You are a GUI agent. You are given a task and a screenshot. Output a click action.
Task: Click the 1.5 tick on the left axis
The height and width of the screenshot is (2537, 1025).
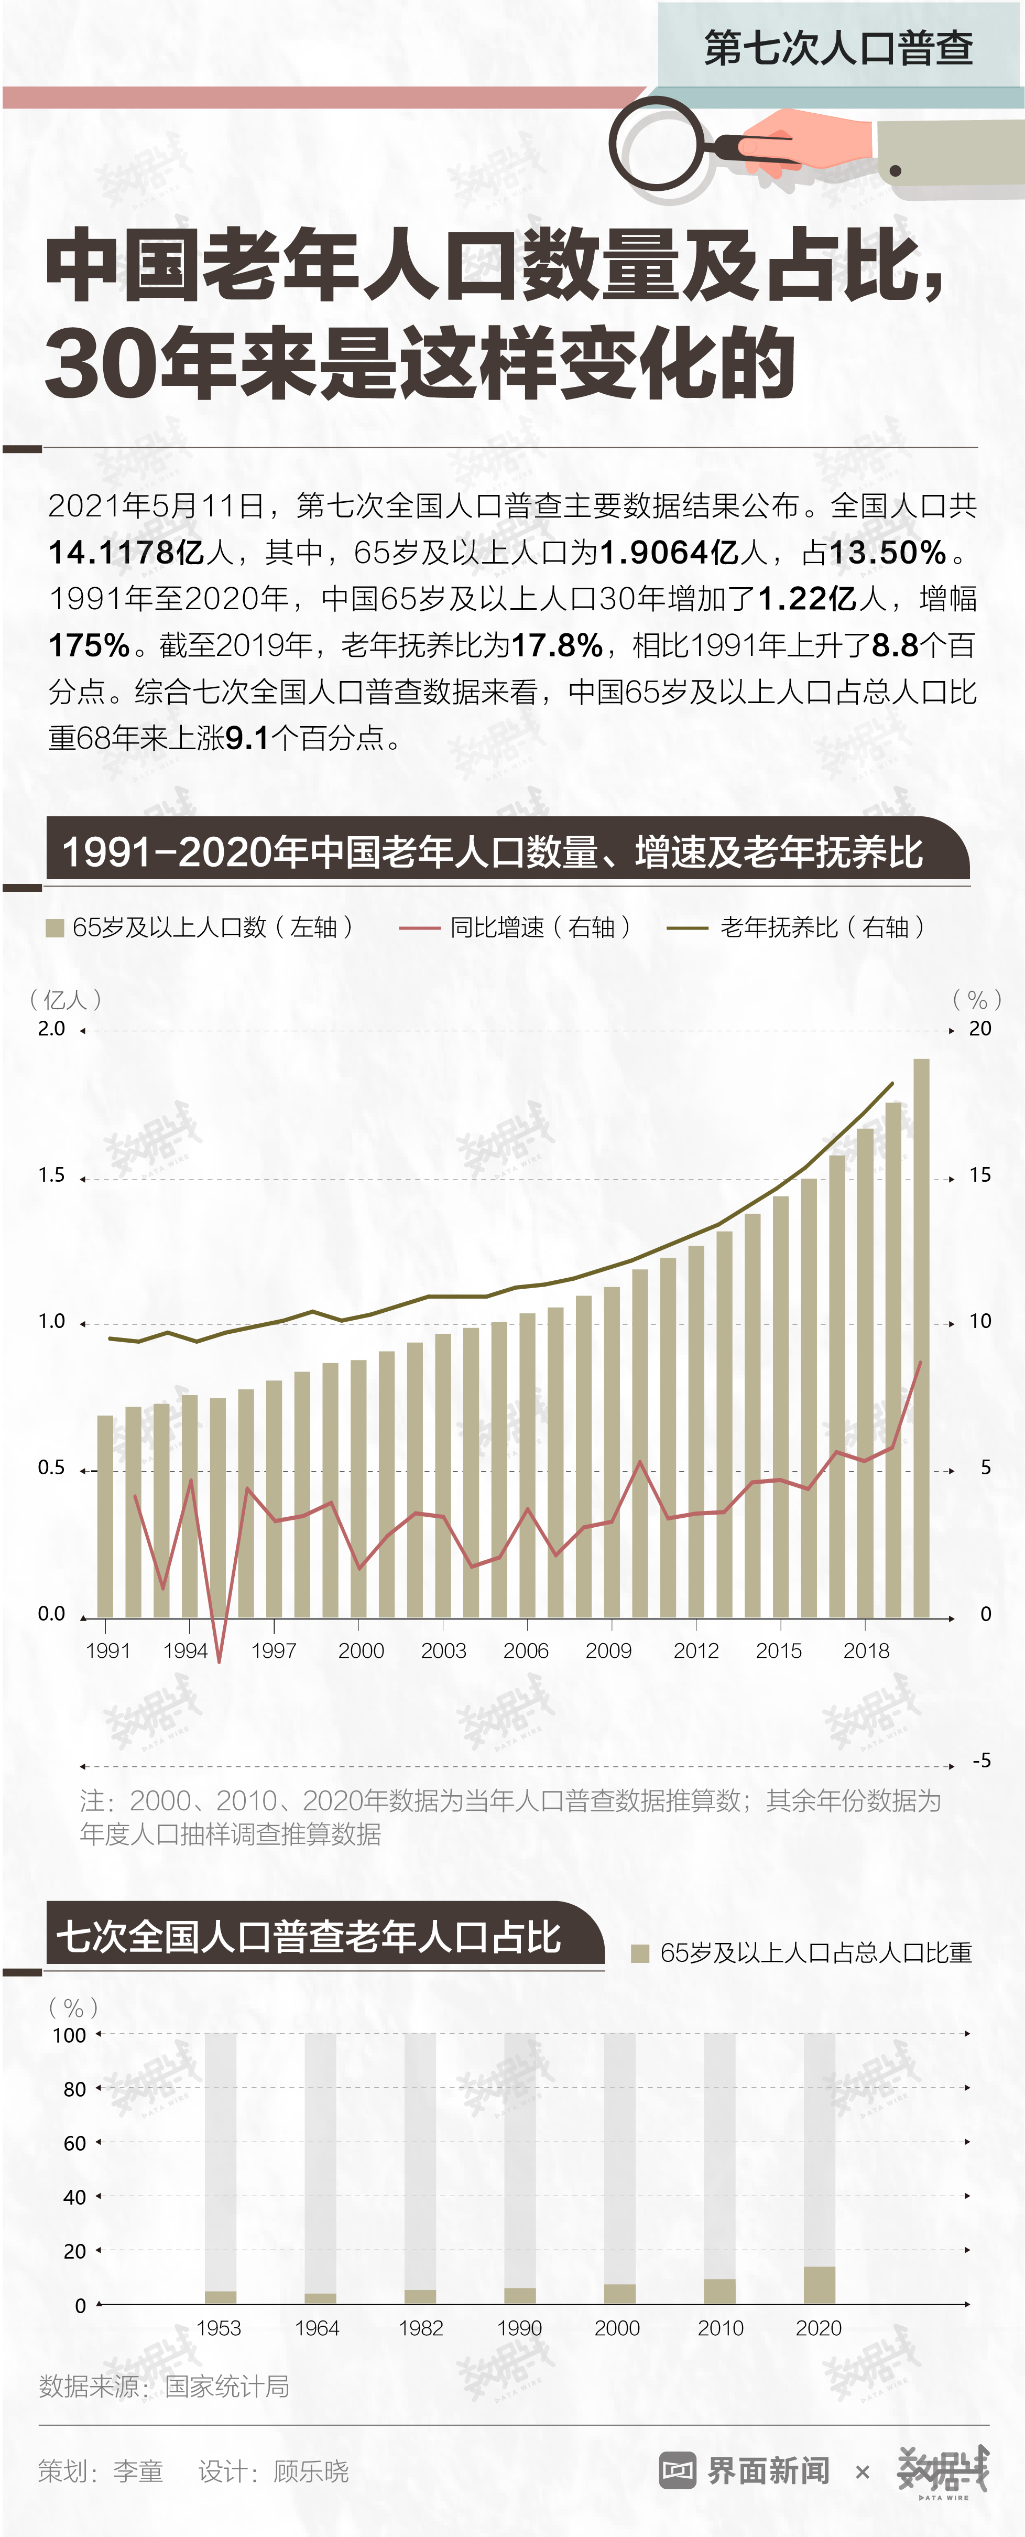pyautogui.click(x=51, y=1175)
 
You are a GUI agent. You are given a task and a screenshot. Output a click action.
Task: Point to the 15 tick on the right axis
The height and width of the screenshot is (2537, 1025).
pyautogui.click(x=980, y=1175)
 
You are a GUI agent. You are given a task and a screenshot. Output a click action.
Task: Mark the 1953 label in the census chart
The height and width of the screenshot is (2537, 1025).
pyautogui.click(x=219, y=2327)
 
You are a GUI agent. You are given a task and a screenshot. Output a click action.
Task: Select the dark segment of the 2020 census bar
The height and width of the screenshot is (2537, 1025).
pyautogui.click(x=819, y=2285)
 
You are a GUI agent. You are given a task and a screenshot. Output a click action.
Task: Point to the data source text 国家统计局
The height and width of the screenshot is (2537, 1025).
pyautogui.click(x=226, y=2387)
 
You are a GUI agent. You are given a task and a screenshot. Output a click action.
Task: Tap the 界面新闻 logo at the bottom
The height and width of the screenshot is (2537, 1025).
pyautogui.click(x=745, y=2470)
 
